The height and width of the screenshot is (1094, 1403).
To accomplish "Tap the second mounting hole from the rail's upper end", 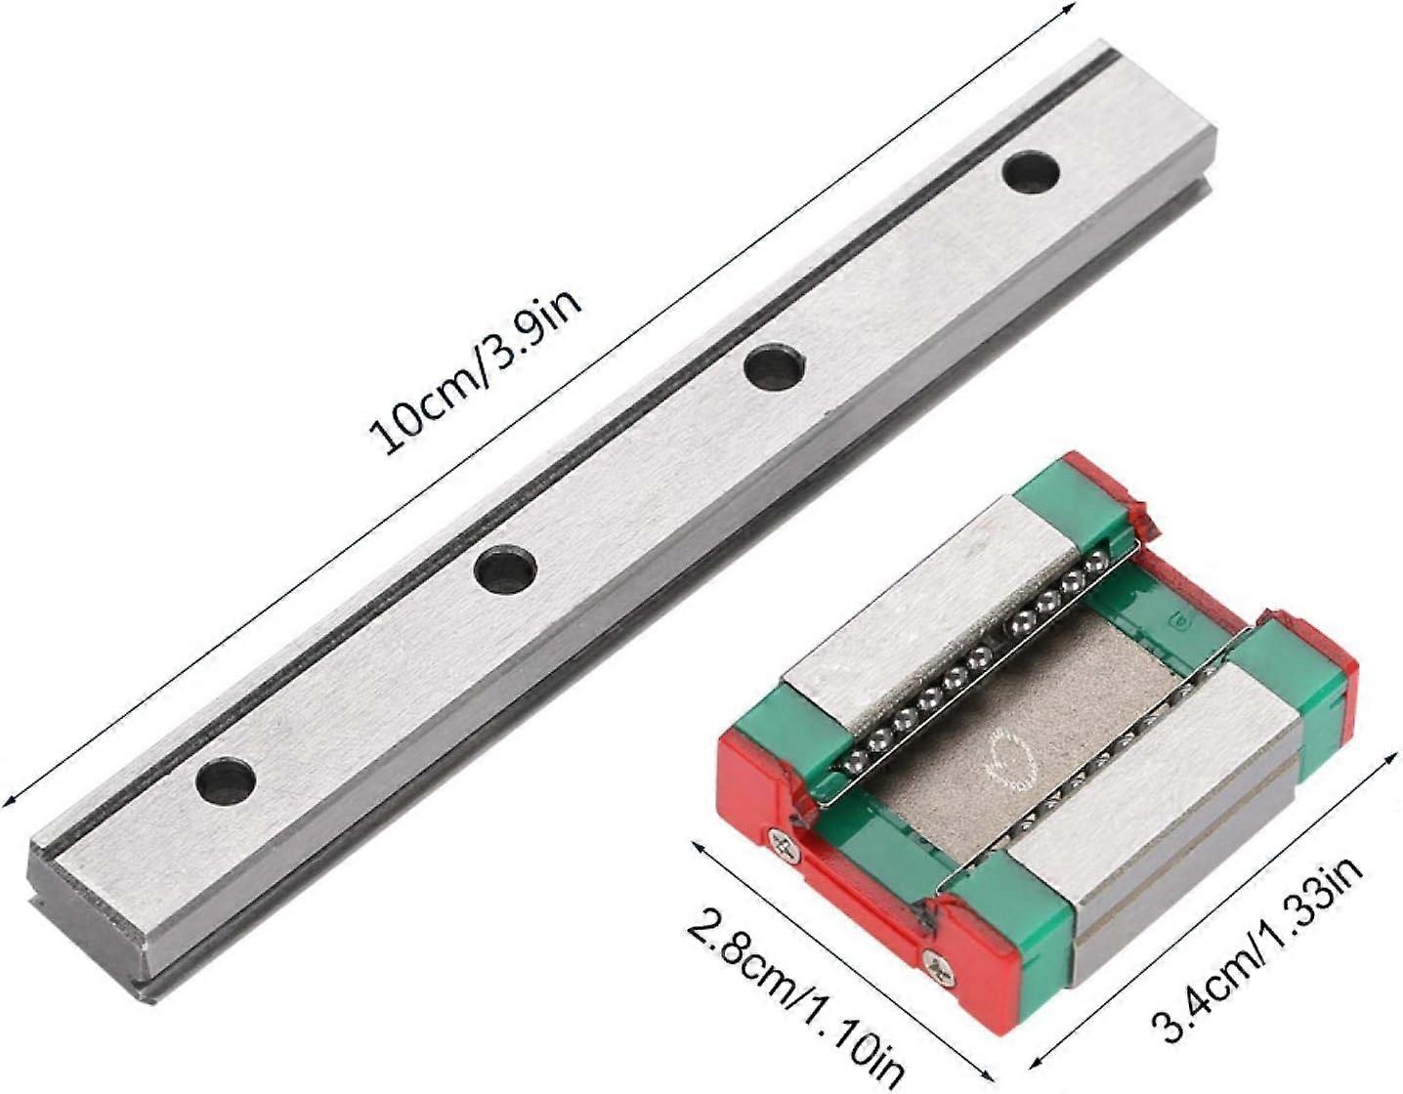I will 773,365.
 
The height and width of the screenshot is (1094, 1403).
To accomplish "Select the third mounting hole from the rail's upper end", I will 505,568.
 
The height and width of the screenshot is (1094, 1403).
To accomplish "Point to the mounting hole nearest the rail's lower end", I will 226,779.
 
